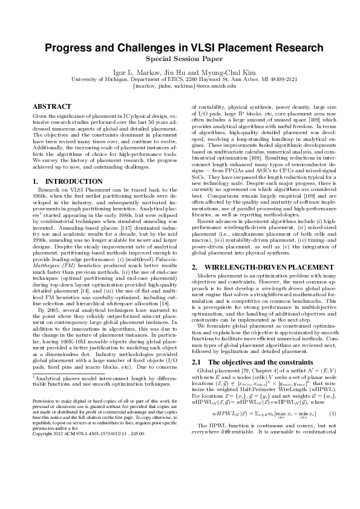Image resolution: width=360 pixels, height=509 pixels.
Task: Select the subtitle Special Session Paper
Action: point(180,60)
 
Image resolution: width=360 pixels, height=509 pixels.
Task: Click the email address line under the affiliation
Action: point(180,85)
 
